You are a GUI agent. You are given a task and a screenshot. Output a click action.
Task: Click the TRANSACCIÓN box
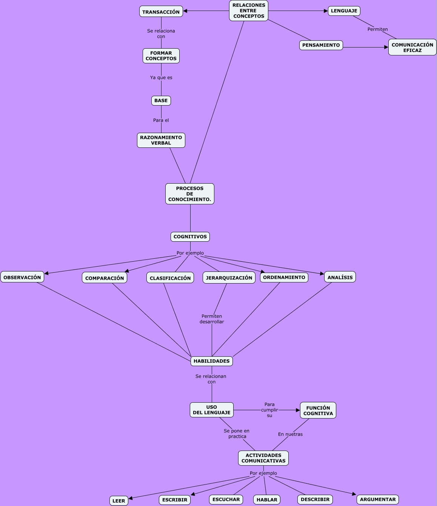click(161, 12)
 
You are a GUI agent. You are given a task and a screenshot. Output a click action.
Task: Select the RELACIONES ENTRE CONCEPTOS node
click(249, 11)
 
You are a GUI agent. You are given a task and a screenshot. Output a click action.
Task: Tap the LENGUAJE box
click(344, 11)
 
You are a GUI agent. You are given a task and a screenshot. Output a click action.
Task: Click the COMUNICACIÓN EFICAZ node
click(412, 48)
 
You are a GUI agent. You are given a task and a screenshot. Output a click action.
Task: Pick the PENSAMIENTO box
click(321, 45)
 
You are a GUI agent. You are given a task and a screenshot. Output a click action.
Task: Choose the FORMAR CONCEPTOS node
click(161, 56)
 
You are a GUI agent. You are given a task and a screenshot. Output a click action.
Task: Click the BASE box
click(161, 101)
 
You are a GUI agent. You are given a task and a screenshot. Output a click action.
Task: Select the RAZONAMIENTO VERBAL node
click(161, 140)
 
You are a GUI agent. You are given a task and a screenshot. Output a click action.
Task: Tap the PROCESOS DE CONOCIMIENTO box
click(190, 194)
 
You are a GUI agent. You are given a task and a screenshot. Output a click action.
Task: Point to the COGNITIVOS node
click(190, 237)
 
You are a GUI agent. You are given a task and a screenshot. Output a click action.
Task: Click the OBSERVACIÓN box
click(22, 277)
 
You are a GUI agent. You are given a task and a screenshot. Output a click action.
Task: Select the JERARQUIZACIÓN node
click(229, 278)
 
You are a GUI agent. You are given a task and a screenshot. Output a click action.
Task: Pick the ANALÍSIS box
click(340, 277)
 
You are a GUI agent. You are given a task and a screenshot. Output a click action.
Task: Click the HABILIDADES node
click(212, 361)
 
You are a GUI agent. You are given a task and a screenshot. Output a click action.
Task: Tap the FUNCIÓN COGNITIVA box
click(318, 411)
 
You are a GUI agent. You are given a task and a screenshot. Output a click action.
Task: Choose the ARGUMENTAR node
click(378, 500)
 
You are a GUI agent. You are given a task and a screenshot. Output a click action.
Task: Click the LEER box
click(119, 501)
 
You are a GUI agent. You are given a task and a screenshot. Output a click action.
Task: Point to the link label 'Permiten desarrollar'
click(212, 319)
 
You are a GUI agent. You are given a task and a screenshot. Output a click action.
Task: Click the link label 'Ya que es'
click(161, 78)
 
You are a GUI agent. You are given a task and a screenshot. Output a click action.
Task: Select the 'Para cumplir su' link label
click(269, 410)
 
